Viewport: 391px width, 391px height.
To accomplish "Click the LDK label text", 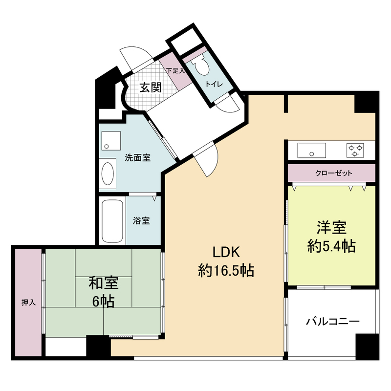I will click(225, 252).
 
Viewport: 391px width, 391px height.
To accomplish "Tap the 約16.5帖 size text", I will click(225, 270).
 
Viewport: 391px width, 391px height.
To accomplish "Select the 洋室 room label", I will click(331, 228).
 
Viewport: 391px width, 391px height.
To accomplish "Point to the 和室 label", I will click(103, 283).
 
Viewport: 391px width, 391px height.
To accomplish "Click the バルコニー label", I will click(333, 322).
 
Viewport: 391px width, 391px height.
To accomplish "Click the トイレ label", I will click(214, 84).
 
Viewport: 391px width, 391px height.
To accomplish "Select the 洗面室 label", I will click(137, 158).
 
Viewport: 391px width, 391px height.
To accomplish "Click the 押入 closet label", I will click(28, 303).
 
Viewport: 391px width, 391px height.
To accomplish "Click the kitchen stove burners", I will click(355, 150).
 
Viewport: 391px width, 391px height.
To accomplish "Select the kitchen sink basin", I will click(311, 150).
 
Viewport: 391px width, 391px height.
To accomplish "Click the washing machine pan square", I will click(110, 139).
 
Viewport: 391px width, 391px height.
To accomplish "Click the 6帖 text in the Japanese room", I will click(103, 302).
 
